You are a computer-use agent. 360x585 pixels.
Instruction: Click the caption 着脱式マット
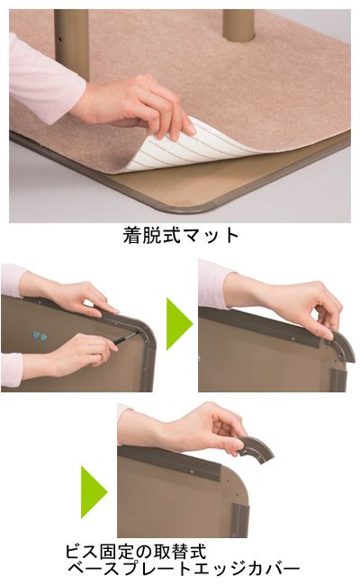tap(181, 235)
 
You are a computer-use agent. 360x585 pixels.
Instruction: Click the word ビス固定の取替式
tap(136, 552)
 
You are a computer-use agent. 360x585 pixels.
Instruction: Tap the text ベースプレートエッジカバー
tap(184, 569)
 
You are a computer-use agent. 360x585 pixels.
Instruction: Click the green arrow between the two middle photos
tap(179, 324)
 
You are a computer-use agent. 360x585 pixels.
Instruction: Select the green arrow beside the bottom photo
tap(94, 491)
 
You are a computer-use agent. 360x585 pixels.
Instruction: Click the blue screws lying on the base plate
tap(40, 336)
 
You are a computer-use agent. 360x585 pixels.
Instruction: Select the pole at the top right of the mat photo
tap(238, 24)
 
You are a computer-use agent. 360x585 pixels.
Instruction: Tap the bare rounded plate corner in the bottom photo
tap(238, 481)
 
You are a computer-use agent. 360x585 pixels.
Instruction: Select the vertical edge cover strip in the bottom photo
tap(239, 520)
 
